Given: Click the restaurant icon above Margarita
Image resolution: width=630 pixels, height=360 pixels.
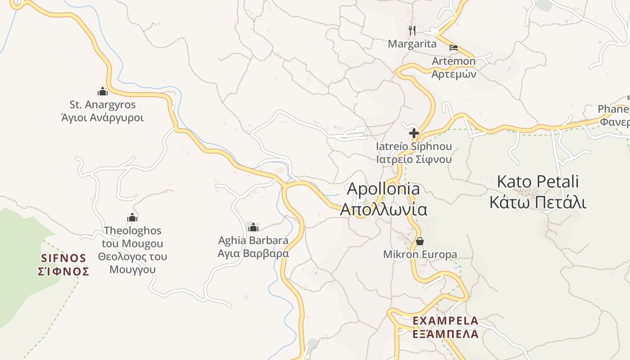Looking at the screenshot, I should (412, 31).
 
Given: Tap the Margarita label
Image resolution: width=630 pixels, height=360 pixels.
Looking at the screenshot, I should (412, 44).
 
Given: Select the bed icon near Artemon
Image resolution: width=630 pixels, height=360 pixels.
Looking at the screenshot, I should (453, 47).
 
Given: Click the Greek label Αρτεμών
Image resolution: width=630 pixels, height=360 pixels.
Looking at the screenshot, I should (454, 74).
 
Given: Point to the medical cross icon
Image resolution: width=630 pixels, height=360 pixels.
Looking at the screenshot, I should (414, 133).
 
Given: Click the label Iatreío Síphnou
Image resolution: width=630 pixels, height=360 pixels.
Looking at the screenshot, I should (414, 147).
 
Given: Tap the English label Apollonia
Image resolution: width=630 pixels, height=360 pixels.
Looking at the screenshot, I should (383, 189).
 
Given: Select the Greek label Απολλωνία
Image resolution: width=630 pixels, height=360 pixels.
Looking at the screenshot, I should (383, 209).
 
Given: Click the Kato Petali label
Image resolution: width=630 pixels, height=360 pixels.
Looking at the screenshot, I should (538, 182).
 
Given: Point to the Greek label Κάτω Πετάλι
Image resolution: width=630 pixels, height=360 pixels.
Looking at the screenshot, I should (538, 202).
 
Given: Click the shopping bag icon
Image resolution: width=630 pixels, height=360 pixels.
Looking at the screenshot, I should (420, 242).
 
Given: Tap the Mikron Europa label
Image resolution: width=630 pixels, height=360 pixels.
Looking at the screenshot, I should (420, 254).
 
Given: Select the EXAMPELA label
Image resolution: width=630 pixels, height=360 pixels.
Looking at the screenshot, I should (445, 321).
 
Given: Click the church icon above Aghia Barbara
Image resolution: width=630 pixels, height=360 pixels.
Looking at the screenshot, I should (253, 227).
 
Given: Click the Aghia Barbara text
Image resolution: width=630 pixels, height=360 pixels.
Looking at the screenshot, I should (253, 240).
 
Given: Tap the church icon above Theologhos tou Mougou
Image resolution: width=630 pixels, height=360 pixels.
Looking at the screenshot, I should (132, 218).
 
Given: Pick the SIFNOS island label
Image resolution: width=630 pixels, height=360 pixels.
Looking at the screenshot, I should (63, 258).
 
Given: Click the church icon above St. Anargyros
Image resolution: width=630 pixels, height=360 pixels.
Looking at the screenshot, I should (103, 91).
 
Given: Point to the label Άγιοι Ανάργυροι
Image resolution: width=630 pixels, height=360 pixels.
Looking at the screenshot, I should (102, 118).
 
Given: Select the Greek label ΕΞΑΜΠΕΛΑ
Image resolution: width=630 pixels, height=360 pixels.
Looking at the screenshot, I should (445, 334).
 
